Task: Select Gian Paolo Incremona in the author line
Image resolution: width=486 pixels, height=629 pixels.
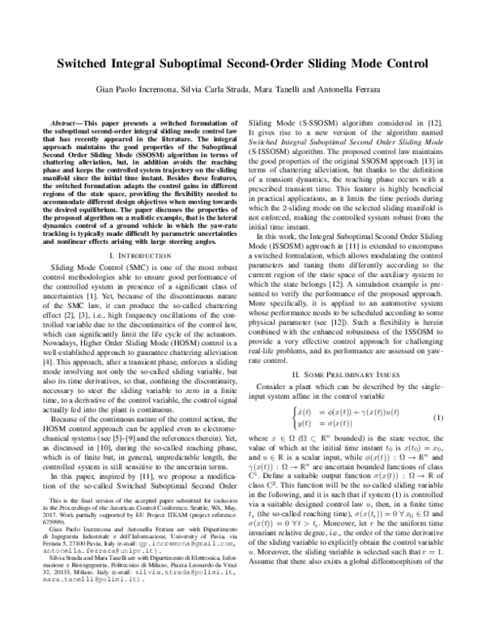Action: (138, 90)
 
